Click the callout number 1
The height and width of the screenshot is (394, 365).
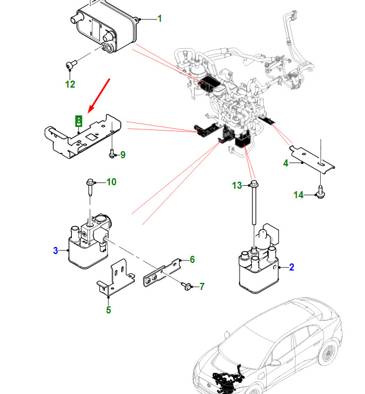point(159,19)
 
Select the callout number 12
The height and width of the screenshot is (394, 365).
point(70,84)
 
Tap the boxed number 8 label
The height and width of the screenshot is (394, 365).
point(79,121)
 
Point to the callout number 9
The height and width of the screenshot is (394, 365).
point(122,155)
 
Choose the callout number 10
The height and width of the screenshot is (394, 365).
point(111,182)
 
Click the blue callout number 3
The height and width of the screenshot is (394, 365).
point(56,251)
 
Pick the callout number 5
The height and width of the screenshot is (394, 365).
point(108,310)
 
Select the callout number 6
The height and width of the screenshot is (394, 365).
point(192,259)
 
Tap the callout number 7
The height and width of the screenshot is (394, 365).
point(201,287)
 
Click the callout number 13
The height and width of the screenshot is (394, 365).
point(237,186)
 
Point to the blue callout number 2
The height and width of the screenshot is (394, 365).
point(291,268)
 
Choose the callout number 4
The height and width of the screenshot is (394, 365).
point(286,163)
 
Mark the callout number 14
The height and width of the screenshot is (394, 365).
point(298,195)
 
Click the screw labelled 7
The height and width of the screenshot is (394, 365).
point(187,286)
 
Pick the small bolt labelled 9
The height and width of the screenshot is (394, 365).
point(111,155)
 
